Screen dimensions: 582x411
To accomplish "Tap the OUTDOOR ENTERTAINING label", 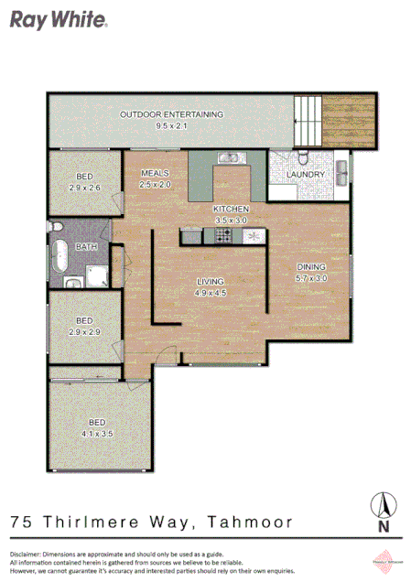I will click(x=171, y=114).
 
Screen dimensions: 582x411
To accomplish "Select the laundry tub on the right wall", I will click(x=341, y=171).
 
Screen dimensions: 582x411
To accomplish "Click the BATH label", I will click(x=87, y=247).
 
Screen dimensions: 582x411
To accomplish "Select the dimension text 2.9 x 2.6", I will click(x=84, y=188).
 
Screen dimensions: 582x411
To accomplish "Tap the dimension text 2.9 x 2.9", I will click(x=84, y=331).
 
